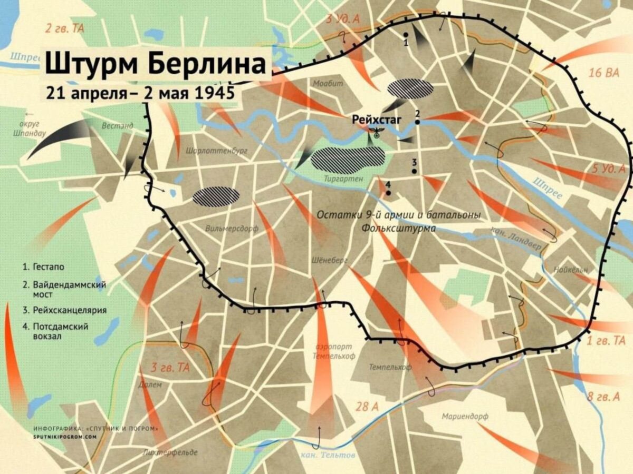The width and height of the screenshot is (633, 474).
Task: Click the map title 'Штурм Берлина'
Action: click(155, 64)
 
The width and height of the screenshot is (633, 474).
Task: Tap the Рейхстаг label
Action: click(377, 120)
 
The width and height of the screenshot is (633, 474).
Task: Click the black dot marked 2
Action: click(417, 122)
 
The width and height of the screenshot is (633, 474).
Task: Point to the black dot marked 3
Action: click(415, 171)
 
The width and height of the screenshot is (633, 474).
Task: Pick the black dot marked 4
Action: click(389, 193)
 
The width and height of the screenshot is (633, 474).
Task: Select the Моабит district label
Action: click(328, 83)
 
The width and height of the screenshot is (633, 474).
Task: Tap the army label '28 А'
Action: click(368, 406)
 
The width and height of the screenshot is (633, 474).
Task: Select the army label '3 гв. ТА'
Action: click(170, 368)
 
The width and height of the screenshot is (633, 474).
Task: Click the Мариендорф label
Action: click(465, 416)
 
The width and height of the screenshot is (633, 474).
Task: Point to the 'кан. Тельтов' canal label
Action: click(320, 455)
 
